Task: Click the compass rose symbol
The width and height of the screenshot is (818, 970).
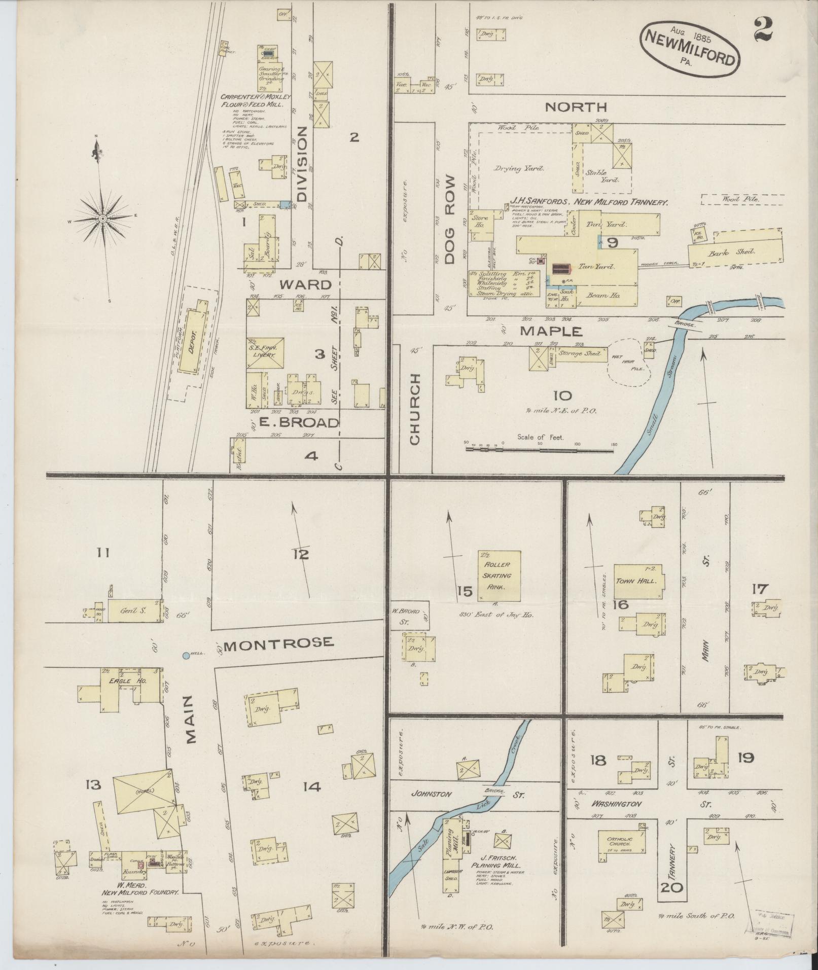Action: point(103,218)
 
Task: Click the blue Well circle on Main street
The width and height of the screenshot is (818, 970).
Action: point(186,656)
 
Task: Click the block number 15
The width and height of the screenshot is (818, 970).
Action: point(465,591)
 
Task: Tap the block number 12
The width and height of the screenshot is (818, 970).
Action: point(301,555)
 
